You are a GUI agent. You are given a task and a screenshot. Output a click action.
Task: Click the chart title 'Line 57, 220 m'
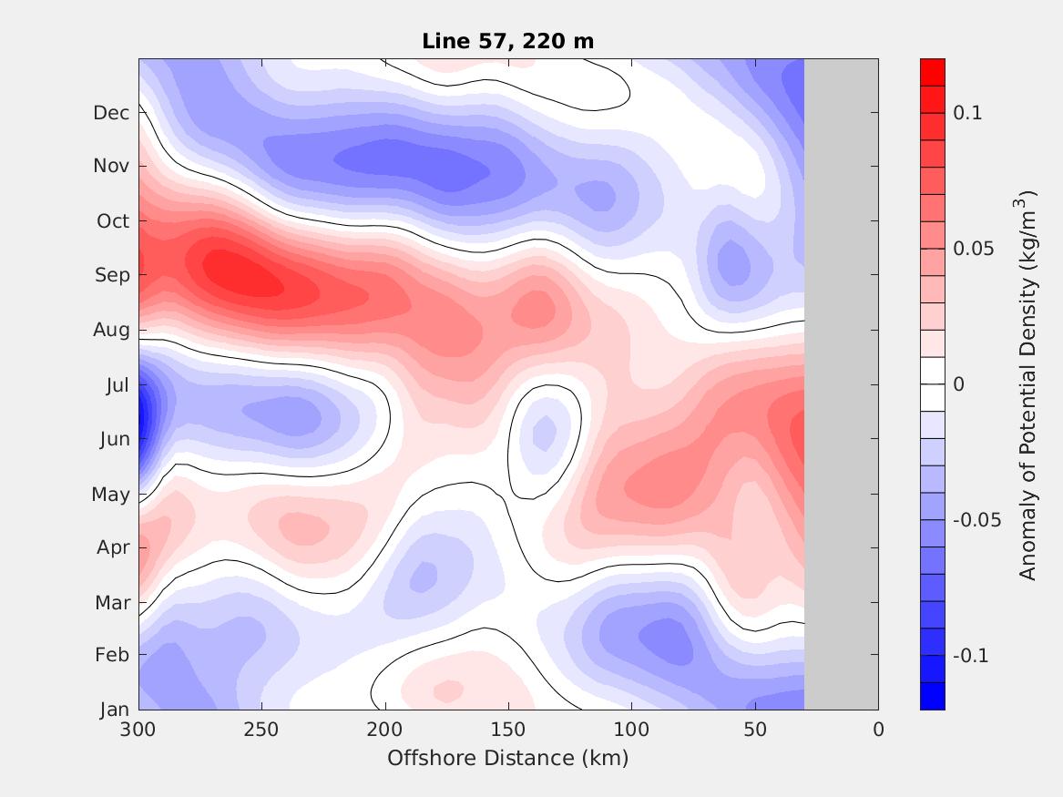point(508,41)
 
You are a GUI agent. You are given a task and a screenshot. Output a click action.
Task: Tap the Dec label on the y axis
point(111,113)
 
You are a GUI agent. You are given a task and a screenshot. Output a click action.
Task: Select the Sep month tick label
point(112,275)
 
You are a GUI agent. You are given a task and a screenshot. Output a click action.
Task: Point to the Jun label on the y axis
point(114,439)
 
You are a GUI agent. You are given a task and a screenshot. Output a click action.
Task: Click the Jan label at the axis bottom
point(114,710)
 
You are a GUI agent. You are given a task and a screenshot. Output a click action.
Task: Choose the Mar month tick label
point(113,603)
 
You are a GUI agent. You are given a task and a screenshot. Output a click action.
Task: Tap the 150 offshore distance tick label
point(508,730)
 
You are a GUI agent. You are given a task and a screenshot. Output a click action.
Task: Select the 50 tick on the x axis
point(755,730)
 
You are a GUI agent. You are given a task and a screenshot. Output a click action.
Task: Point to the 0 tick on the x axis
point(878,730)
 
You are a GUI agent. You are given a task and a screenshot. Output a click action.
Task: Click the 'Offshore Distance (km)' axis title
point(508,758)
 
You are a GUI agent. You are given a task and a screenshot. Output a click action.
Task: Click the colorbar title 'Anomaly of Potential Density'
point(1028,384)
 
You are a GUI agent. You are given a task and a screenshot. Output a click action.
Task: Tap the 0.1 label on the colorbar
point(967,113)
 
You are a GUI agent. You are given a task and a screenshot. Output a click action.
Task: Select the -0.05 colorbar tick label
point(975,520)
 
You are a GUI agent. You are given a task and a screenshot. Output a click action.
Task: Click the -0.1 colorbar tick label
point(971,656)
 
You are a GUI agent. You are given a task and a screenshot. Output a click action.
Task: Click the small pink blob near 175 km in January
point(446,690)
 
